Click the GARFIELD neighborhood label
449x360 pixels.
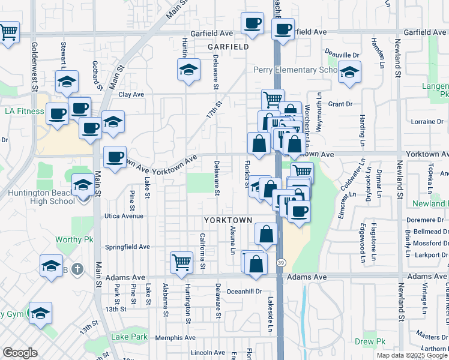228,46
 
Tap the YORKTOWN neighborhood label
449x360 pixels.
226,220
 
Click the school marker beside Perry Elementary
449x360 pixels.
348,72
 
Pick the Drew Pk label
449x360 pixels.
369,342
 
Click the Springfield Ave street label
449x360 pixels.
127,247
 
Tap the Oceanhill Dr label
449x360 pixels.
246,292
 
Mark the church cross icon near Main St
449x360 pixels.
76,269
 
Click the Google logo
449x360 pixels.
20,353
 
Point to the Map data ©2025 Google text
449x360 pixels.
411,355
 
